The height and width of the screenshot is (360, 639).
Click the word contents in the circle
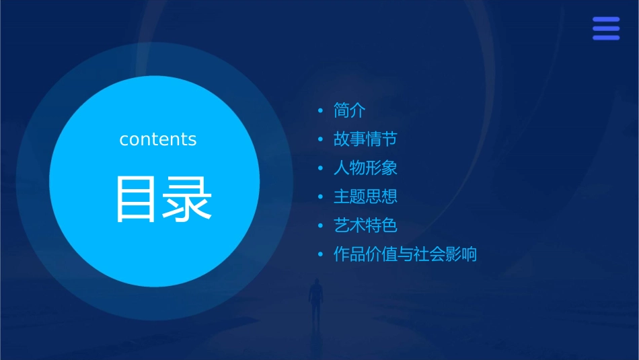pyautogui.click(x=158, y=139)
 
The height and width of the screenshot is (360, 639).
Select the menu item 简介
pyautogui.click(x=349, y=110)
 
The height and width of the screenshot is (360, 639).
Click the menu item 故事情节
pyautogui.click(x=365, y=139)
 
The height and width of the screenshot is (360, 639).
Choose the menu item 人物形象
pyautogui.click(x=365, y=168)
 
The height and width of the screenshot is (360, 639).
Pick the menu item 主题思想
pyautogui.click(x=365, y=196)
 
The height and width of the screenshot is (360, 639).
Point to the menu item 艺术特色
pyautogui.click(x=365, y=225)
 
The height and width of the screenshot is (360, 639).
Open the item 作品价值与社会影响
pyautogui.click(x=405, y=254)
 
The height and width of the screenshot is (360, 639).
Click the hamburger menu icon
pyautogui.click(x=606, y=28)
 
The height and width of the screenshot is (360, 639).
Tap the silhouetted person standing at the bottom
pyautogui.click(x=315, y=300)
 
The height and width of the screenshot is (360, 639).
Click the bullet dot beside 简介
pyautogui.click(x=321, y=111)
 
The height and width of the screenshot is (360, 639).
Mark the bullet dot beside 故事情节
pyautogui.click(x=321, y=140)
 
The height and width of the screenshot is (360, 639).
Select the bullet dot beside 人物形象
pyautogui.click(x=321, y=168)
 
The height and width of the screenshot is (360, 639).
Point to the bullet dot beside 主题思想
pyautogui.click(x=321, y=197)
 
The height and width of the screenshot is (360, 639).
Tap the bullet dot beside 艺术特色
pyautogui.click(x=321, y=226)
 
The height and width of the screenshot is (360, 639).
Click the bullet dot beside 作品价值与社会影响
pyautogui.click(x=321, y=255)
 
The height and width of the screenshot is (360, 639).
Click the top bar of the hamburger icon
pyautogui.click(x=606, y=19)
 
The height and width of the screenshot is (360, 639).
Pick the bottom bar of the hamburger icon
pyautogui.click(x=606, y=38)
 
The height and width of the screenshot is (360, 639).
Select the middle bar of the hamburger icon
pyautogui.click(x=606, y=28)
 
